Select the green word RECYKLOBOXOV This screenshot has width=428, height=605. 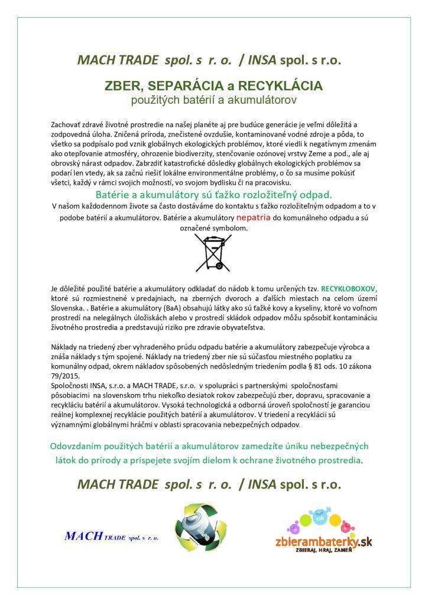point(349,289)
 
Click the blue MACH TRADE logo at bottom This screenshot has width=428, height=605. point(112,537)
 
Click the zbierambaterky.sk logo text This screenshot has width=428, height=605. point(323,540)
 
